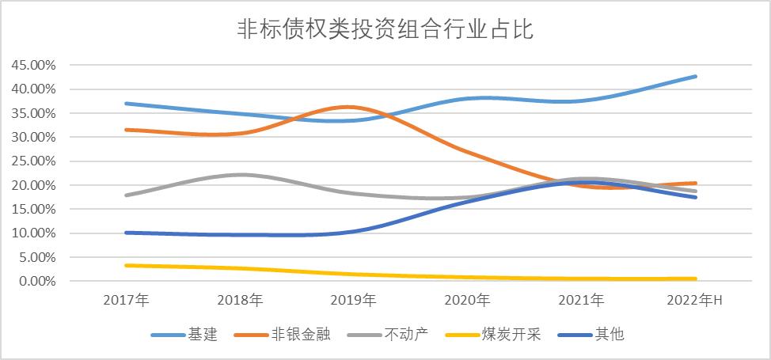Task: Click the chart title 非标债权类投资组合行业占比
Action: click(x=385, y=29)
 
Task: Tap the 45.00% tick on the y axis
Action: click(x=33, y=65)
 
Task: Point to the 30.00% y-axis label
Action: click(x=33, y=137)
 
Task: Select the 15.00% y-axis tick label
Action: click(x=33, y=209)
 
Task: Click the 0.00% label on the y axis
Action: click(x=36, y=281)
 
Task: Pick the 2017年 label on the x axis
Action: click(x=126, y=301)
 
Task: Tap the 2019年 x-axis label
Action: click(x=354, y=301)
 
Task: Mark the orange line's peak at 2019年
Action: click(x=354, y=107)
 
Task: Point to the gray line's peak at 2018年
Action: click(x=240, y=175)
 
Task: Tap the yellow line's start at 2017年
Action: click(x=126, y=265)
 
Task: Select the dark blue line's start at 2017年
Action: click(x=126, y=233)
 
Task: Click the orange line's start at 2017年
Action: click(x=126, y=130)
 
